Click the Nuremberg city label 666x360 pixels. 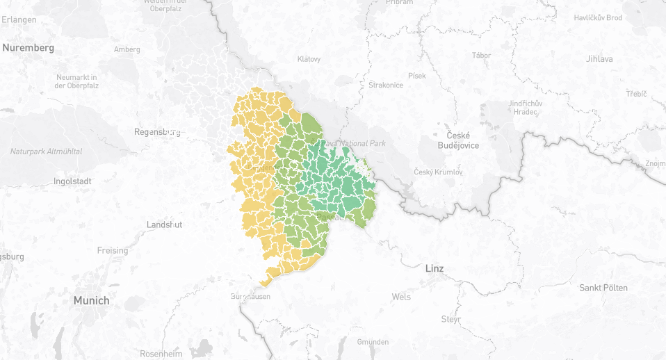tap(28, 48)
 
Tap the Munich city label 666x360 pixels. tap(92, 301)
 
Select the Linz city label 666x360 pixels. tap(434, 268)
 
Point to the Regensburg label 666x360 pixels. tap(157, 131)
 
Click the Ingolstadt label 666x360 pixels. tap(72, 181)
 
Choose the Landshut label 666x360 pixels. tap(164, 224)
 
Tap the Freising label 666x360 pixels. tap(112, 250)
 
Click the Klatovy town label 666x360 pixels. tap(309, 59)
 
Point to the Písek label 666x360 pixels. tap(417, 75)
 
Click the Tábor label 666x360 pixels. tap(481, 55)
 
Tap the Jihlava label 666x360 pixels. tap(599, 59)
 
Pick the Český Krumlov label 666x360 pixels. tap(438, 172)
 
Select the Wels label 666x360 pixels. tap(401, 297)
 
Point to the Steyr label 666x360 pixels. tap(450, 319)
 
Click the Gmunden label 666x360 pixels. tap(373, 342)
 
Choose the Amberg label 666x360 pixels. tap(127, 49)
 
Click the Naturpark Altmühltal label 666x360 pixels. tap(46, 151)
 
